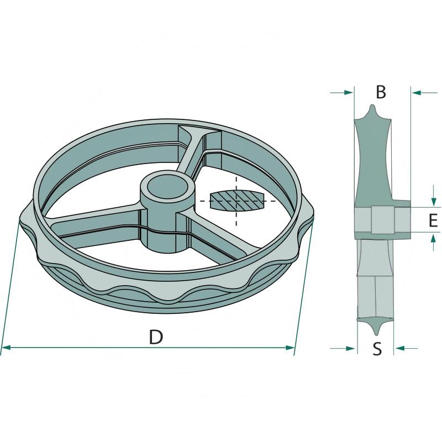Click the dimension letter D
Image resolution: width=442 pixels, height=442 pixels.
click(x=156, y=337)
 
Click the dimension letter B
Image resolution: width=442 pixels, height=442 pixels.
click(x=381, y=92)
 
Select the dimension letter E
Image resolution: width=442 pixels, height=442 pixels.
click(x=433, y=220)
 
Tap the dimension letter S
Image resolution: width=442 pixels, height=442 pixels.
click(x=377, y=349)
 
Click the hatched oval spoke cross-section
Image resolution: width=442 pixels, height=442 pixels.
click(x=236, y=201)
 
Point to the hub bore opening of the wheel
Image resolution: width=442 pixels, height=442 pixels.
click(x=168, y=188)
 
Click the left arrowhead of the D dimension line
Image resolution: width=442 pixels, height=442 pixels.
click(x=6, y=348)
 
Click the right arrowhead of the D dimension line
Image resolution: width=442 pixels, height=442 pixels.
click(x=290, y=348)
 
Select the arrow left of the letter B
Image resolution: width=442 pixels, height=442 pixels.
click(x=341, y=92)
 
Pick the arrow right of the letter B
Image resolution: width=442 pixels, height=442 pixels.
click(x=424, y=92)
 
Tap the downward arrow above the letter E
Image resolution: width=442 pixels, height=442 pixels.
click(x=434, y=196)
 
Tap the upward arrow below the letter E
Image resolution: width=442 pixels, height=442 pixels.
click(x=434, y=243)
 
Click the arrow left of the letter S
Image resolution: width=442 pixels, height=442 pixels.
click(x=342, y=349)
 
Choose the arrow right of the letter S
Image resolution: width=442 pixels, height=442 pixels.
click(x=406, y=349)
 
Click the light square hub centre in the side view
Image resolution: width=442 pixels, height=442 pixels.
click(x=382, y=220)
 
